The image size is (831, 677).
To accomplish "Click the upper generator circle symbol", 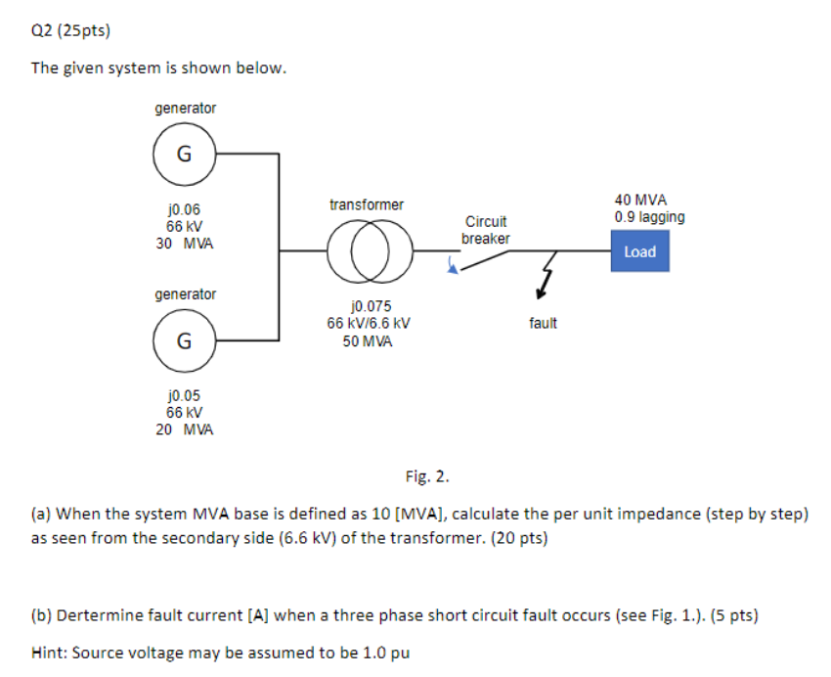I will click(x=183, y=154).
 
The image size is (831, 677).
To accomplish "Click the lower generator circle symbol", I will click(x=183, y=340).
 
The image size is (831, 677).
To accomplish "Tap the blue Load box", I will click(x=639, y=251).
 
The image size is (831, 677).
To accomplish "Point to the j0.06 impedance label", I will click(x=184, y=208).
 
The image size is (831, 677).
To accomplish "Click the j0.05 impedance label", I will click(x=184, y=395).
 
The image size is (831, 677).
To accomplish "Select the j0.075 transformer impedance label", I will click(x=368, y=306).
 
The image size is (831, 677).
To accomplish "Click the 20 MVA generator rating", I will click(x=185, y=429).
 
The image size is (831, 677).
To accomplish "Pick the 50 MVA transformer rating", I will click(x=368, y=341).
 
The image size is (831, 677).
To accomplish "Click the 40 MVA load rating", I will click(x=640, y=200).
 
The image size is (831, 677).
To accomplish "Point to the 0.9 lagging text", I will click(x=649, y=217).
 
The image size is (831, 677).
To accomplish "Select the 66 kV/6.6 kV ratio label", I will click(x=368, y=324).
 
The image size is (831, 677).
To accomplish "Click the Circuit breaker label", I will click(x=485, y=230).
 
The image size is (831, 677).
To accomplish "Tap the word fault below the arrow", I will click(x=543, y=323).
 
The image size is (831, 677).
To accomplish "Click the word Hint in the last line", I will click(x=49, y=653).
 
